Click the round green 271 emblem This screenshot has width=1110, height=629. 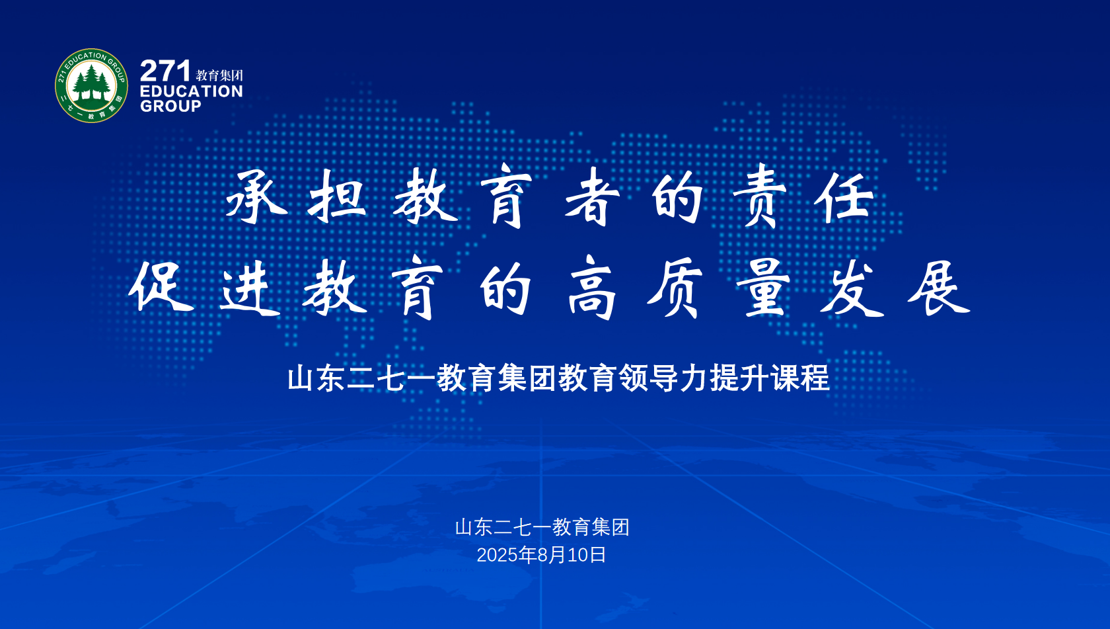pos(91,85)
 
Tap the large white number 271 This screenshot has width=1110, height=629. pos(165,71)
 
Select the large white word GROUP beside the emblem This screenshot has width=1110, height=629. pos(170,106)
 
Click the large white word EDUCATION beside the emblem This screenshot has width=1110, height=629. pos(192,91)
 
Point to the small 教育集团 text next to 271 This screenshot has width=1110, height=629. pos(219,75)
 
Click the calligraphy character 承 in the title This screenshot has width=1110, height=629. pos(256,196)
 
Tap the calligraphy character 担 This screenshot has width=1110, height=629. pos(337,195)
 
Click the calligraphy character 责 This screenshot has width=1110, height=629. pos(759,196)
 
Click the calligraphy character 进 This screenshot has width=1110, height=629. pos(250,288)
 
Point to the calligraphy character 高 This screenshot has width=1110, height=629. pos(592,287)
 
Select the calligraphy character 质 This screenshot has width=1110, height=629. pos(675,288)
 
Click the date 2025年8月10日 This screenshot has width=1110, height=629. pos(541,555)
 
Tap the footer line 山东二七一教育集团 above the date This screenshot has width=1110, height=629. pos(542,527)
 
